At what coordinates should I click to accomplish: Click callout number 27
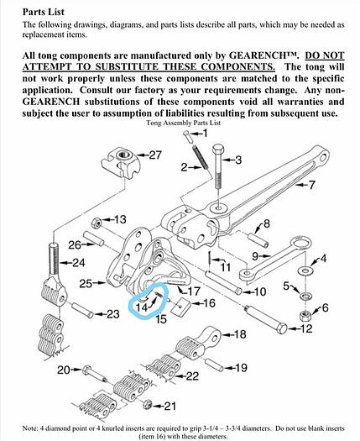(154, 155)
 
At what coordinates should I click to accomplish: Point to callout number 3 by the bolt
(237, 160)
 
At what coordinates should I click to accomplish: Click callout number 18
(239, 335)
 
